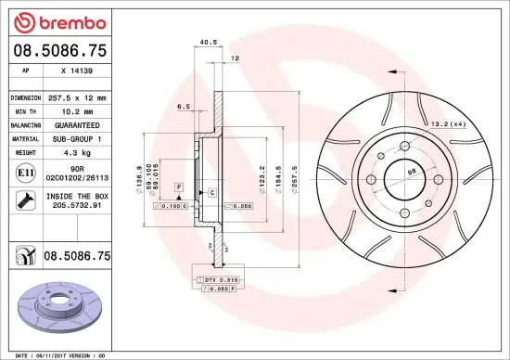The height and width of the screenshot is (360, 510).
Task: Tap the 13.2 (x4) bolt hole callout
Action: [x=444, y=123]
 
